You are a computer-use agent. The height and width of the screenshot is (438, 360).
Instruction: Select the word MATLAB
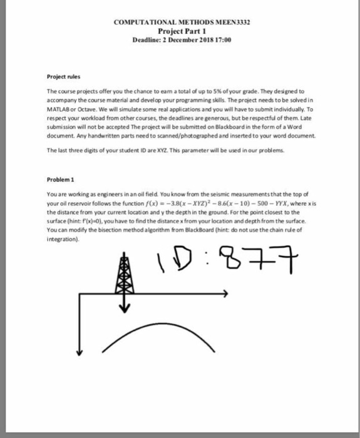[61, 108]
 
